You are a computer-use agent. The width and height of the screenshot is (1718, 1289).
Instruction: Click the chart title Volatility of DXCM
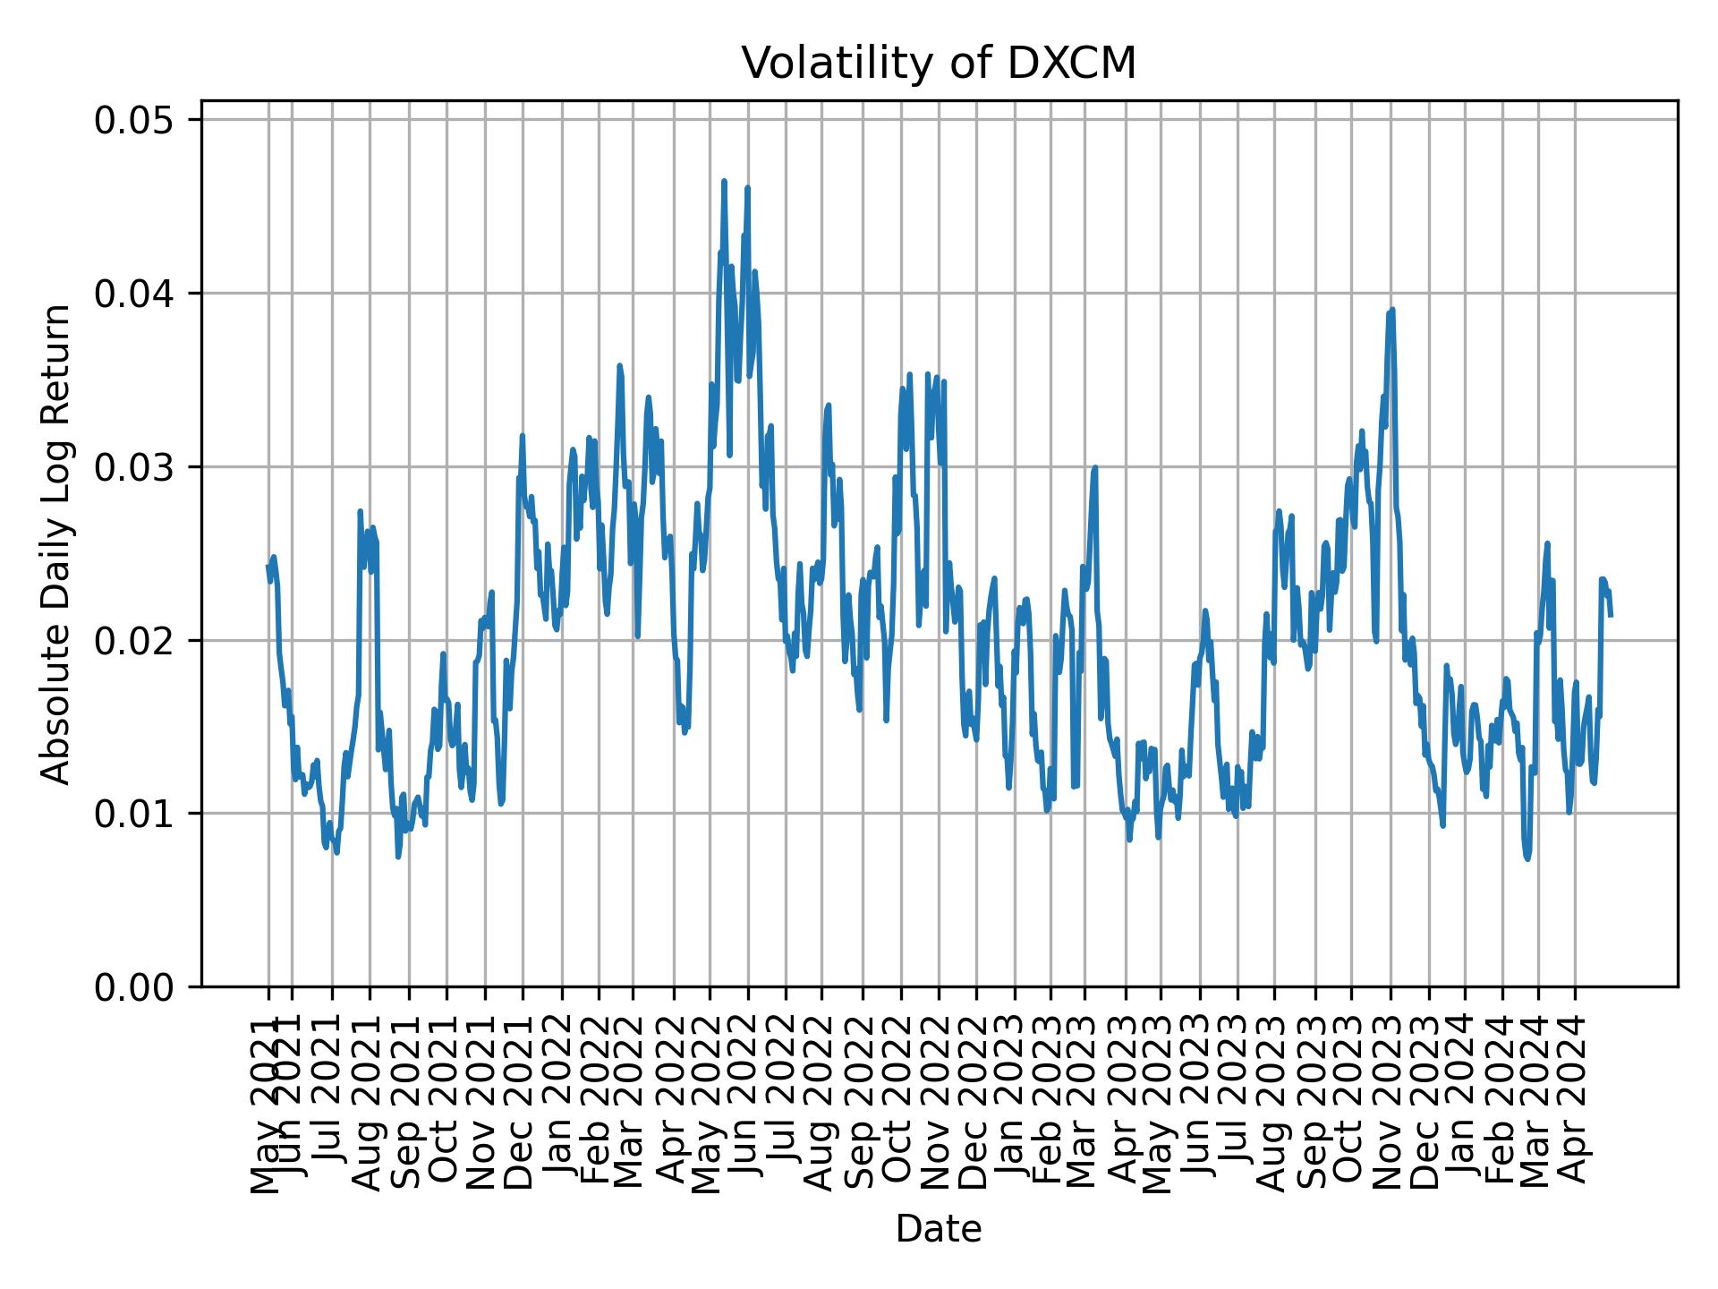939,64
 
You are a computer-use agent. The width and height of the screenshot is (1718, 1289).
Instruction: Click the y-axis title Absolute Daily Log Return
57,543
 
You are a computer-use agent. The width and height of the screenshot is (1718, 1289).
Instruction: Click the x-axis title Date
939,1229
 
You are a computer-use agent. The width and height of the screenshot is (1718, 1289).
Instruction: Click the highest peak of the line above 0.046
724,182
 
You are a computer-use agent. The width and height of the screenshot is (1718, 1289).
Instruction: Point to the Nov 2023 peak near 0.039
1392,311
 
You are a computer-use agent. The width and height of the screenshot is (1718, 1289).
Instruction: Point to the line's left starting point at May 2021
268,566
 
